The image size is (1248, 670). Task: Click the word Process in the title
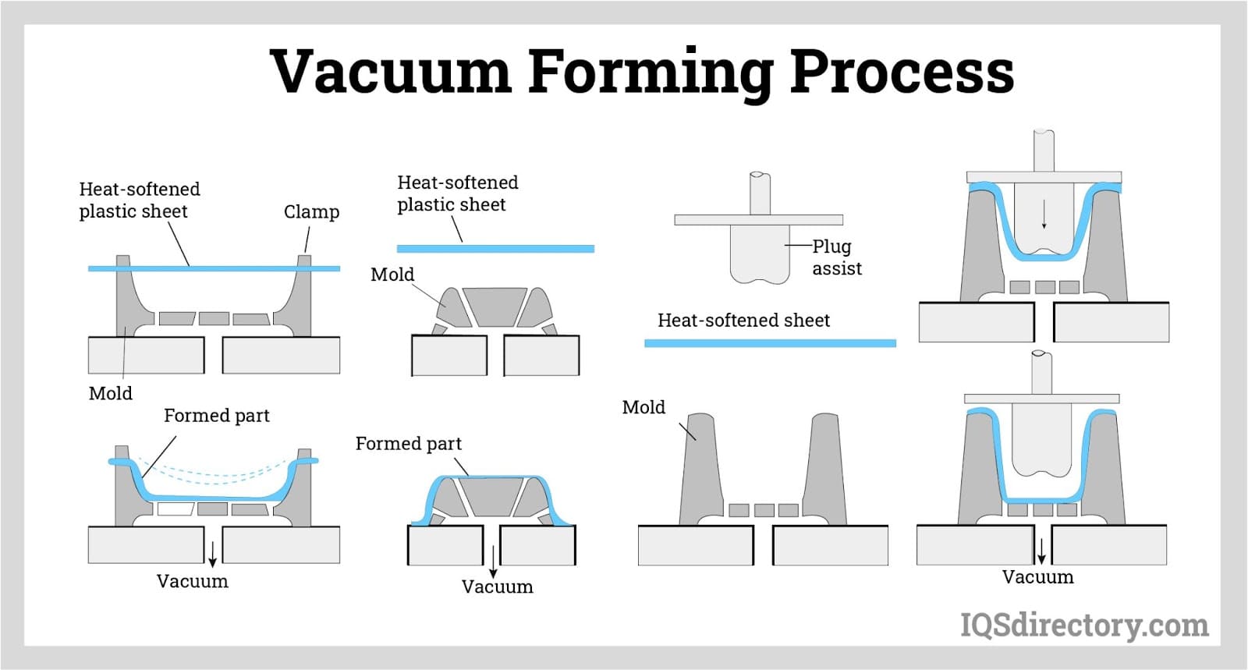902,72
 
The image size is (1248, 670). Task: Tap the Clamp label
311,212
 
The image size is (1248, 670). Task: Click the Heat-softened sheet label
743,321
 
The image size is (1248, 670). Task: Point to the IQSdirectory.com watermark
1084,626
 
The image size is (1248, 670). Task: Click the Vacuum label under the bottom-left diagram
192,582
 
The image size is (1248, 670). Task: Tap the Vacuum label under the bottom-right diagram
1037,578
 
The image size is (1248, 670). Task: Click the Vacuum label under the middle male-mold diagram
497,587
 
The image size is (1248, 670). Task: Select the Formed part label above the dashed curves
216,416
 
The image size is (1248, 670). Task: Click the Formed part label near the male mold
408,444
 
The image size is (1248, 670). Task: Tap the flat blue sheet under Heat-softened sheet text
770,343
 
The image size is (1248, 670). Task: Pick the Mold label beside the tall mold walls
643,407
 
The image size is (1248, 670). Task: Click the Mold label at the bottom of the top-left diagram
110,393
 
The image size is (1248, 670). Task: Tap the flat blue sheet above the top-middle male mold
495,249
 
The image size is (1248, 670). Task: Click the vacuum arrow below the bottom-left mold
212,551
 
